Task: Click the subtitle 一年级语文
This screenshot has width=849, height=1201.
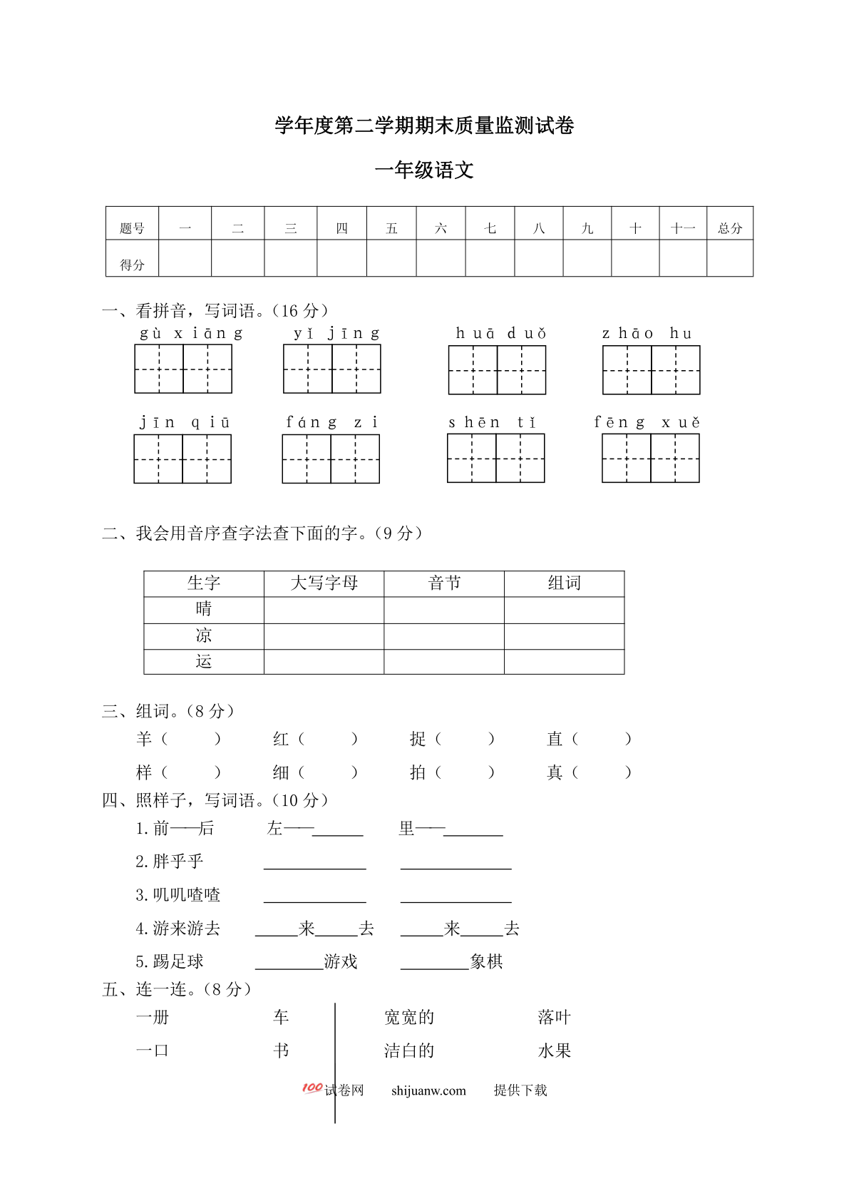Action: (x=424, y=170)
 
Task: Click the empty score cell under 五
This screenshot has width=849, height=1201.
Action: (x=391, y=258)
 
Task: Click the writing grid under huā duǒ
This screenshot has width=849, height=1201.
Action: (x=497, y=370)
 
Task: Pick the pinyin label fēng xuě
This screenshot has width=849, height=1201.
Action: (x=647, y=422)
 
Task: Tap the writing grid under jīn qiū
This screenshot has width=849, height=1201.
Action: (x=182, y=459)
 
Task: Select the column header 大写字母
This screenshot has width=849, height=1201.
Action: (x=324, y=583)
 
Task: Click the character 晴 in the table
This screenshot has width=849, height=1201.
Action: (x=204, y=609)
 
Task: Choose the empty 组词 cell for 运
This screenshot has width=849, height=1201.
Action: (x=564, y=662)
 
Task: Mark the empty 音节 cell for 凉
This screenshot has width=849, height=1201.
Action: (x=443, y=636)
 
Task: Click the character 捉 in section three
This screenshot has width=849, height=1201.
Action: (x=418, y=739)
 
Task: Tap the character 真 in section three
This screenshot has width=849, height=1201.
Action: (x=555, y=772)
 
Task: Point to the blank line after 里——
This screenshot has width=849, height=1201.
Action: (x=473, y=830)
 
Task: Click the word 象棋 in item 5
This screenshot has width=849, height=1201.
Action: (x=486, y=962)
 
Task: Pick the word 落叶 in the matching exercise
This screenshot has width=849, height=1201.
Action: (x=554, y=1017)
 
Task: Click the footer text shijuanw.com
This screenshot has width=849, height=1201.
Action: (x=428, y=1090)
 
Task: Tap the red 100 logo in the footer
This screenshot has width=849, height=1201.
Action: (x=312, y=1088)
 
